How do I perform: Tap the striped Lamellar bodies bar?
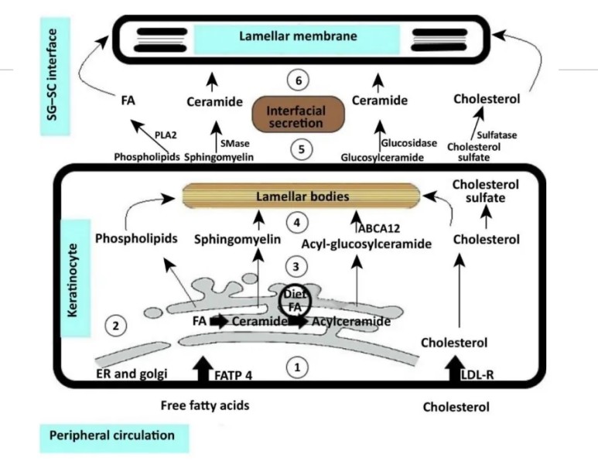pyautogui.click(x=301, y=196)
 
